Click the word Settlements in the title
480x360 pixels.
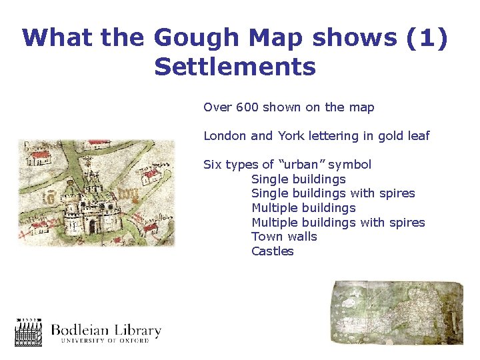click(x=235, y=67)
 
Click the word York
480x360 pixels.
click(x=291, y=136)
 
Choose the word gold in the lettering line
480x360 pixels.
click(x=388, y=136)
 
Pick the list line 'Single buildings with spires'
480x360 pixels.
click(x=333, y=193)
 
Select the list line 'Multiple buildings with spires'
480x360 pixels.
click(x=338, y=223)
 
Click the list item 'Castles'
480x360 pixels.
click(x=272, y=251)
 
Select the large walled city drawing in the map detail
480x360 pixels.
click(x=91, y=203)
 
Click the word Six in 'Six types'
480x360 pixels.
click(x=213, y=165)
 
